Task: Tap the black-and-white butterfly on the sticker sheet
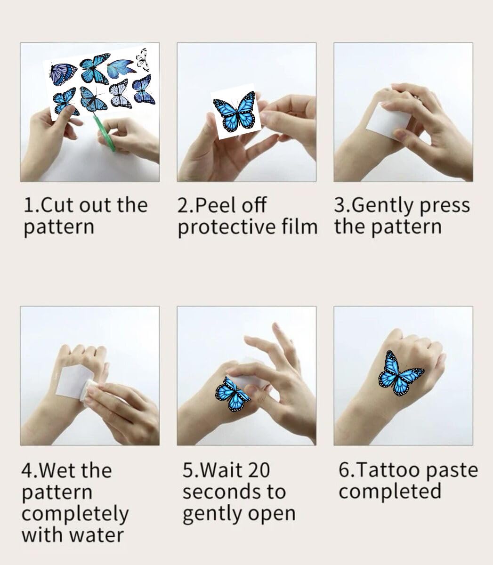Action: (143, 60)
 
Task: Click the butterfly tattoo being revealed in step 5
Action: (232, 394)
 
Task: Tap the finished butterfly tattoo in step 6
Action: (401, 373)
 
